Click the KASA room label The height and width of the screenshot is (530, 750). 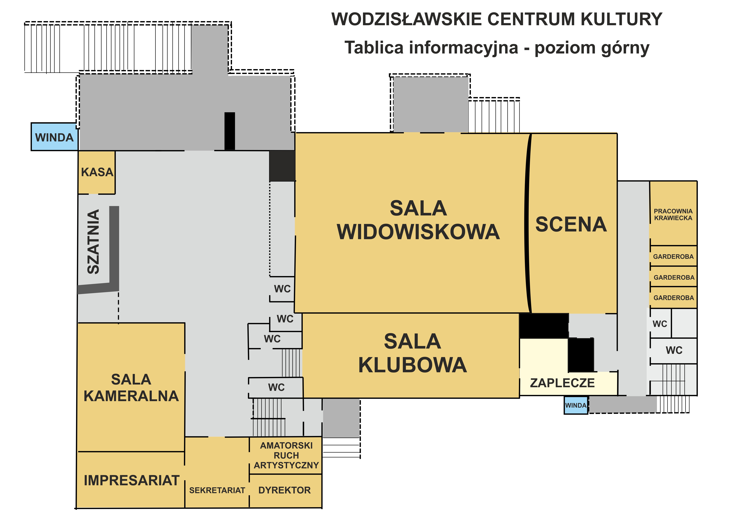click(x=97, y=172)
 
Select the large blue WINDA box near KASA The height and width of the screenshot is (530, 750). click(x=54, y=137)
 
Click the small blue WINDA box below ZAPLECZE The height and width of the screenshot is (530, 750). click(x=576, y=405)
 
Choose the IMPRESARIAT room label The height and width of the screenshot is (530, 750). click(x=132, y=480)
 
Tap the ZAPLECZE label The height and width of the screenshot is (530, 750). click(x=562, y=383)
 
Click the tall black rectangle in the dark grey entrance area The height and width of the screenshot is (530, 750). click(x=230, y=131)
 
